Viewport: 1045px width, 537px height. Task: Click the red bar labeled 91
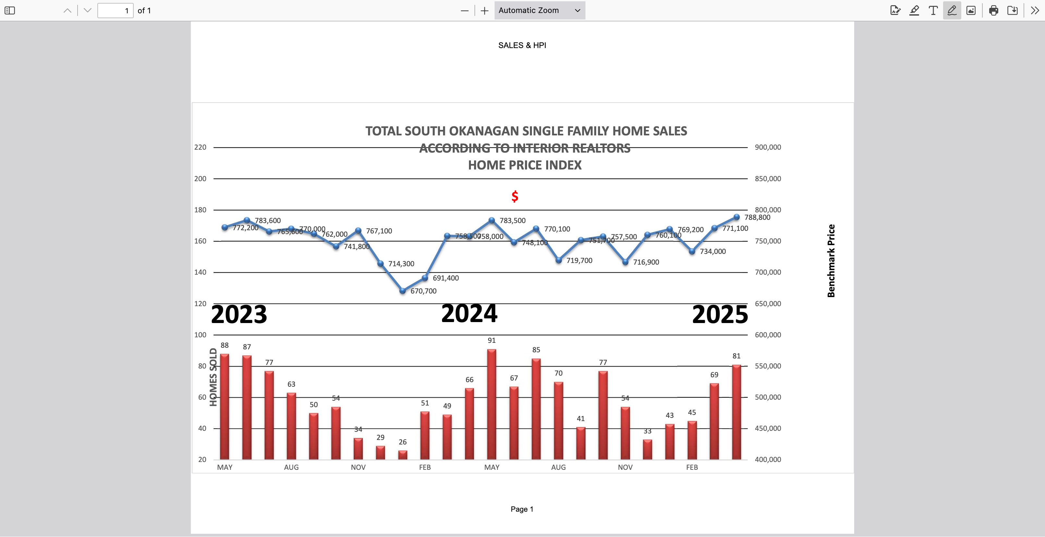tap(491, 404)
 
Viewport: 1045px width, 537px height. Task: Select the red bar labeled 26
tap(402, 455)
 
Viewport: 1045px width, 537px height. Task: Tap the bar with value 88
tap(224, 406)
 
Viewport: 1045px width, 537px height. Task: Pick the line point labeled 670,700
tap(402, 291)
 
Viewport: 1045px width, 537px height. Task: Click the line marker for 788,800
tap(736, 217)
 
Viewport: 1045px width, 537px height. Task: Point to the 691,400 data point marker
tap(425, 278)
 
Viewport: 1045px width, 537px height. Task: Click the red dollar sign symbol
tap(515, 196)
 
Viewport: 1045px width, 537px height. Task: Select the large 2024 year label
tap(469, 313)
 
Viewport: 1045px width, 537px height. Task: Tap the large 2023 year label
tap(239, 314)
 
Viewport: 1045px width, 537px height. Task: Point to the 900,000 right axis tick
tap(768, 147)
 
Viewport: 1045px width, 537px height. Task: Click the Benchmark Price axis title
tap(831, 261)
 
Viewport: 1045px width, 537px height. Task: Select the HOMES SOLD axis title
tap(213, 377)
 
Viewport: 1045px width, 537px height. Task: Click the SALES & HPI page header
tap(522, 45)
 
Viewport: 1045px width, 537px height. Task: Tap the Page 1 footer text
tap(522, 509)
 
